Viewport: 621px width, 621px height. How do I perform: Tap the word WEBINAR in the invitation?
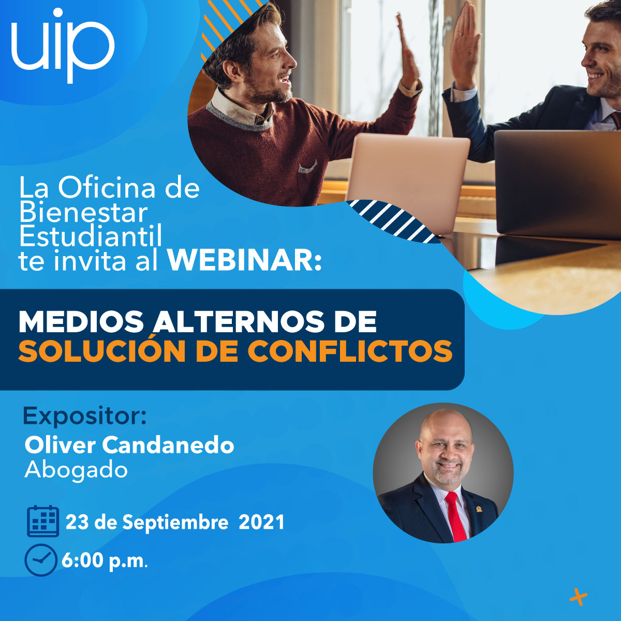[x=244, y=260]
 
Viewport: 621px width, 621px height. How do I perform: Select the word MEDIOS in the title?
[x=81, y=321]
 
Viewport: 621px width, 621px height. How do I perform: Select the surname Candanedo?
[x=168, y=446]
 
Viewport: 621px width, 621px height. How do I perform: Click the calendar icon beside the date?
[x=43, y=521]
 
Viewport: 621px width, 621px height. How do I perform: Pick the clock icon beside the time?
[x=41, y=560]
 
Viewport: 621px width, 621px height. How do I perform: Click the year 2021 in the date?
[x=262, y=522]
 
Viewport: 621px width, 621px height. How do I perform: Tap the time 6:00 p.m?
[x=105, y=561]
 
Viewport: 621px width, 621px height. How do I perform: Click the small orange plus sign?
[x=579, y=597]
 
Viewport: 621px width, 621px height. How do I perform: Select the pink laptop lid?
[x=408, y=181]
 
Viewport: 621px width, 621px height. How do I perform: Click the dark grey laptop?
[x=557, y=184]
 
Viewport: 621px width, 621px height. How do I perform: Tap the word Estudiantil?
[x=90, y=236]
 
